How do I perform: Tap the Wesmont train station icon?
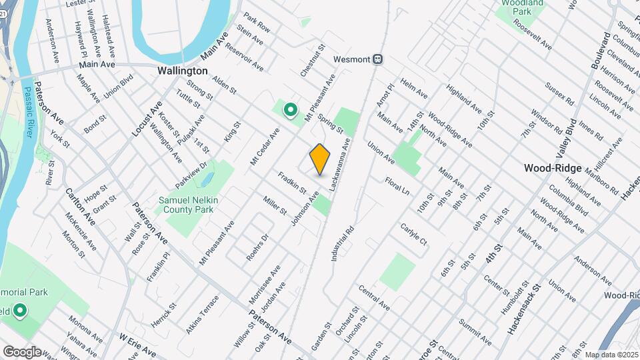378,59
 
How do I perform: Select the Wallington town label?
182,71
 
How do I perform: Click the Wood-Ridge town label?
553,168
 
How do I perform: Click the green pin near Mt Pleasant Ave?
290,109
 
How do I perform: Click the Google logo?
21,351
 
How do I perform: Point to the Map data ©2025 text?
610,355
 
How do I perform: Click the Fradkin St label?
292,183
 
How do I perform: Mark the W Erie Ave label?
138,342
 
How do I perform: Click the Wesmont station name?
351,59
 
